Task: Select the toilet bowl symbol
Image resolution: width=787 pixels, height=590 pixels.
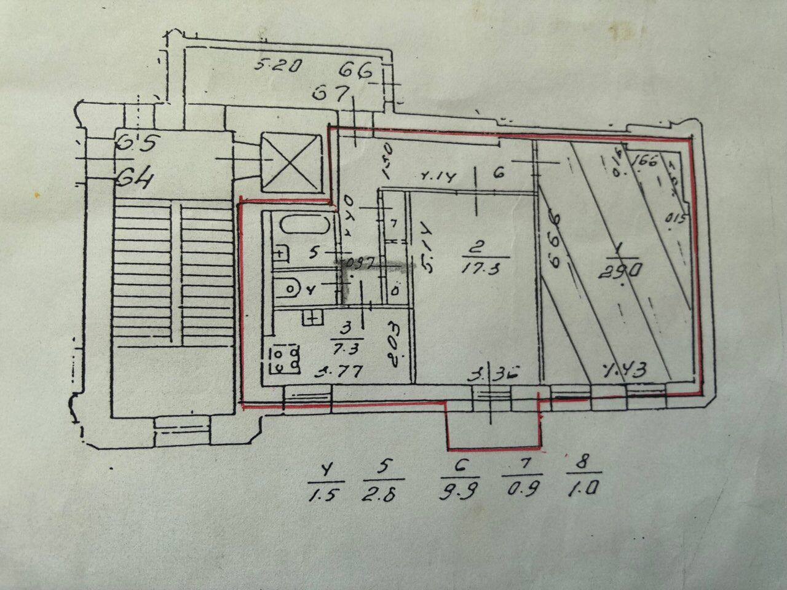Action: point(290,287)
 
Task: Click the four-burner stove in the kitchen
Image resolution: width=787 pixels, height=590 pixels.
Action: point(284,360)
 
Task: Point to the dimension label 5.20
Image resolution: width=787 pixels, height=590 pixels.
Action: point(278,65)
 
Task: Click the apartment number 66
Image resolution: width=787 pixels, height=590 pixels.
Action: point(358,71)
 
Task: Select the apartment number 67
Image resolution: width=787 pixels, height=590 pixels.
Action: point(333,94)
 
